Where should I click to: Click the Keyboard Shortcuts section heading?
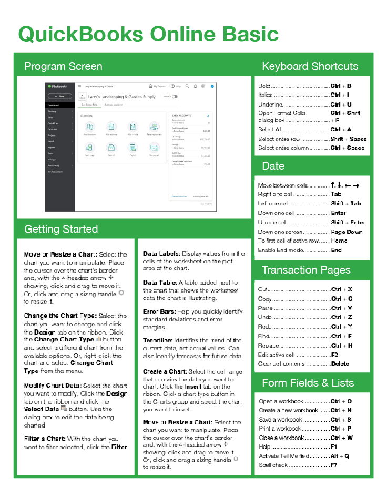tap(310, 66)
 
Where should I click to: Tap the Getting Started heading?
tap(61, 229)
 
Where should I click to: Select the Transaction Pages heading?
tap(306, 270)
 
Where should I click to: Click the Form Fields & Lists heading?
tap(308, 382)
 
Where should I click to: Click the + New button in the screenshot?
tap(59, 97)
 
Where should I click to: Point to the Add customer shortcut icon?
tap(90, 127)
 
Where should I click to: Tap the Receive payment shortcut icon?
tap(154, 127)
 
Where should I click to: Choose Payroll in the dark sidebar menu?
tap(52, 141)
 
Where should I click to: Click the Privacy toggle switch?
tap(175, 97)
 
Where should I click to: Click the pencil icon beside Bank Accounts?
tap(208, 115)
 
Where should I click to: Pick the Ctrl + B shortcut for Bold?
tap(341, 86)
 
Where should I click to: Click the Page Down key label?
tap(347, 232)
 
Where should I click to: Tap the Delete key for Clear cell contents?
tap(340, 363)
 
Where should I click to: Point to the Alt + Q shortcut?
tap(340, 456)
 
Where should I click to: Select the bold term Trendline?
tap(157, 340)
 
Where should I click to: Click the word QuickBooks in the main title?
tap(80, 34)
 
